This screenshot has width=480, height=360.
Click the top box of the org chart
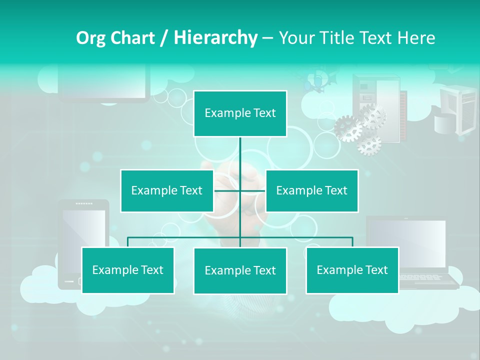click(240, 113)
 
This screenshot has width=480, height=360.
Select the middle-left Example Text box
click(167, 190)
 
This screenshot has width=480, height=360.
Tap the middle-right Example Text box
click(311, 190)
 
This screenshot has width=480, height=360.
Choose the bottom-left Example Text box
click(128, 270)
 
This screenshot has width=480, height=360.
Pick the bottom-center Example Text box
click(240, 270)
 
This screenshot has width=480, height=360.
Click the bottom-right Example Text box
click(352, 270)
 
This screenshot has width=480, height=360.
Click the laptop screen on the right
click(406, 243)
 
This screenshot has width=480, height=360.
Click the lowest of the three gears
click(369, 144)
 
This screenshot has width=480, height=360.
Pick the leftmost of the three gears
click(348, 128)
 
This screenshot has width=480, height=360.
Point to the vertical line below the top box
click(240, 155)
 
